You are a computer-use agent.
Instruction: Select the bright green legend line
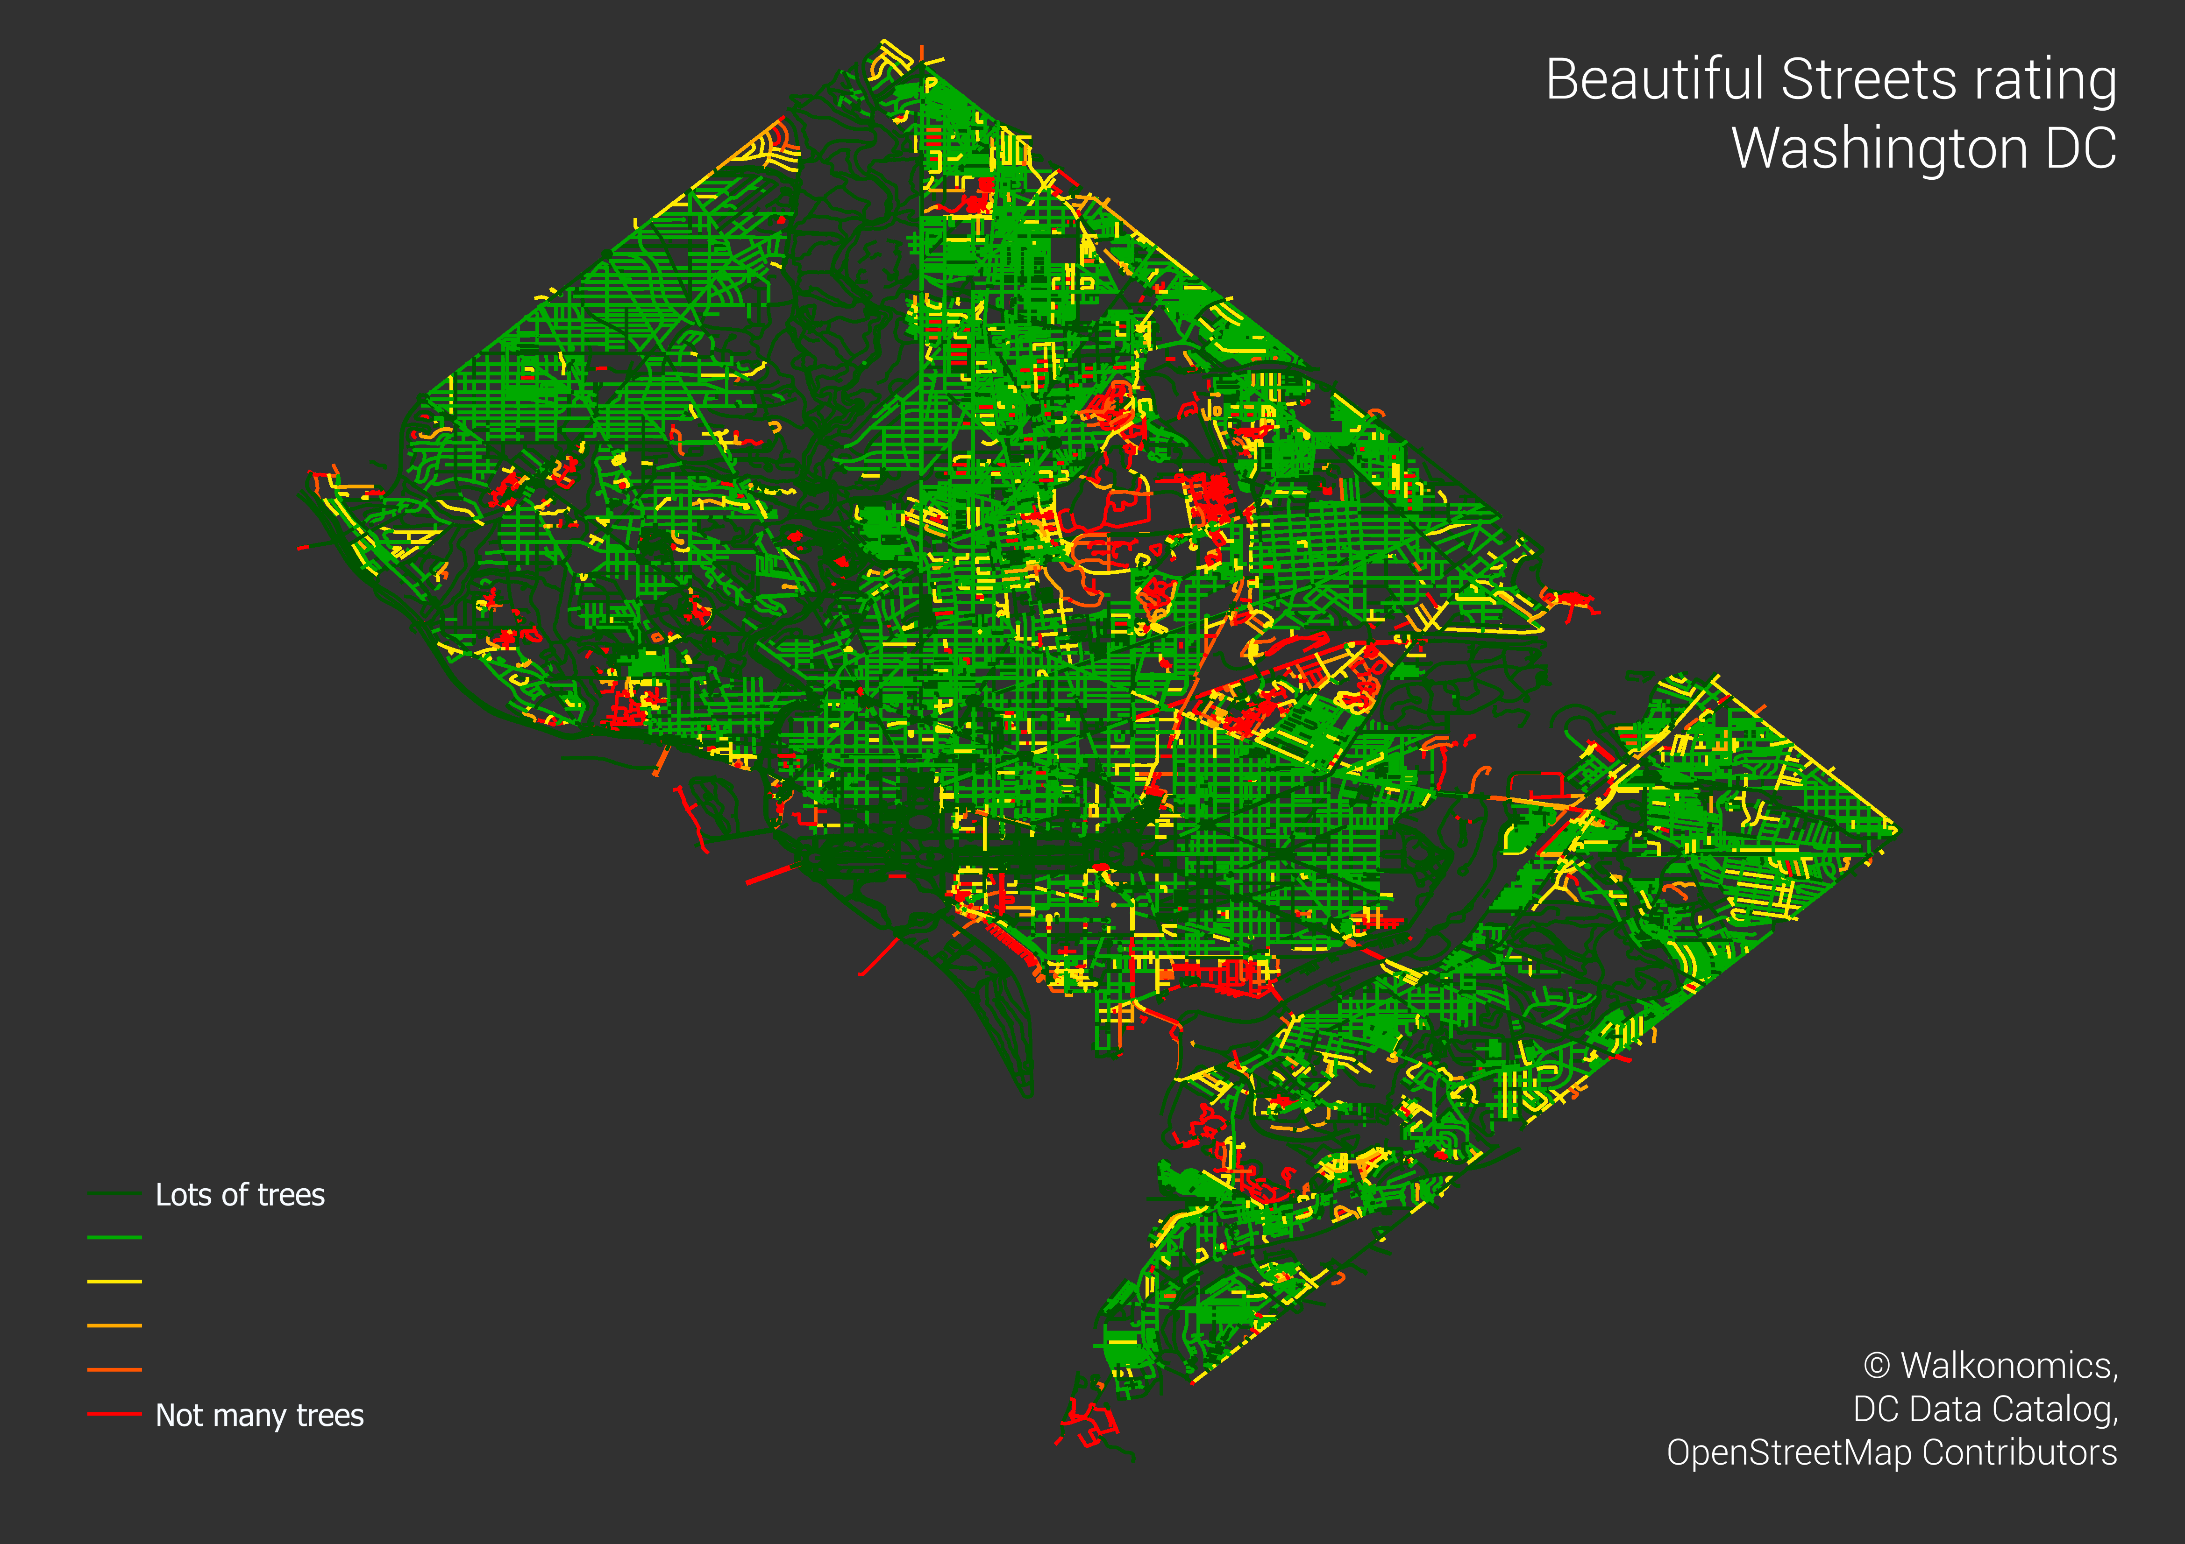pos(114,1238)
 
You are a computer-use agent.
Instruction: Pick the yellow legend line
pos(114,1282)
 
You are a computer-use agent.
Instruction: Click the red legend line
pos(114,1414)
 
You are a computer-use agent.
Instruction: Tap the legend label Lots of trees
pos(240,1195)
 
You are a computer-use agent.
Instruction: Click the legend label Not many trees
pos(259,1416)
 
